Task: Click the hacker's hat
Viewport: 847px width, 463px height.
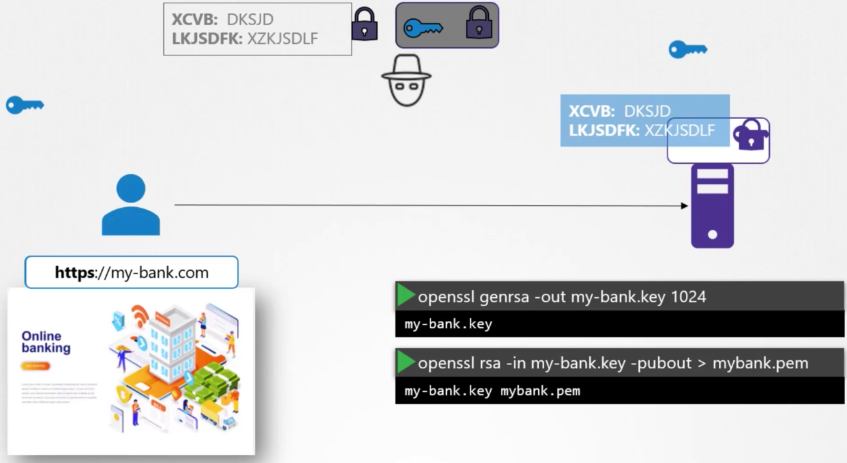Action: click(406, 66)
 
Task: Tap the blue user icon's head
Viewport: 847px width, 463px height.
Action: click(131, 188)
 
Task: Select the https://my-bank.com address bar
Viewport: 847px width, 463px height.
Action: click(131, 272)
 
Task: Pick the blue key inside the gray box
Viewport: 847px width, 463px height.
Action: click(423, 28)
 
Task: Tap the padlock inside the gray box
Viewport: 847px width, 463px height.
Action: click(479, 24)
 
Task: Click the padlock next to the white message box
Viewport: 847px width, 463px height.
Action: click(365, 25)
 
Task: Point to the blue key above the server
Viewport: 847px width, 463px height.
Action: click(687, 49)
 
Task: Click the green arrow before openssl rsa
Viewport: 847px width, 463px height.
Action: click(405, 362)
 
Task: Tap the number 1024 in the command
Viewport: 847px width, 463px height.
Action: click(688, 297)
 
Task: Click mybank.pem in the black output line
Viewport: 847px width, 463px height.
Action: click(540, 391)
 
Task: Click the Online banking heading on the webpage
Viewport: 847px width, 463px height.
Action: click(46, 342)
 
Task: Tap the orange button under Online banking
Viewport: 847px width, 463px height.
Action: click(35, 366)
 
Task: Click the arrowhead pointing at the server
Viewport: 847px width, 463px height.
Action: click(684, 206)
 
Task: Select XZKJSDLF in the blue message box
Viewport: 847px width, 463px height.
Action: click(679, 130)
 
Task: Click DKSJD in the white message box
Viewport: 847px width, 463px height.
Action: click(250, 19)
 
